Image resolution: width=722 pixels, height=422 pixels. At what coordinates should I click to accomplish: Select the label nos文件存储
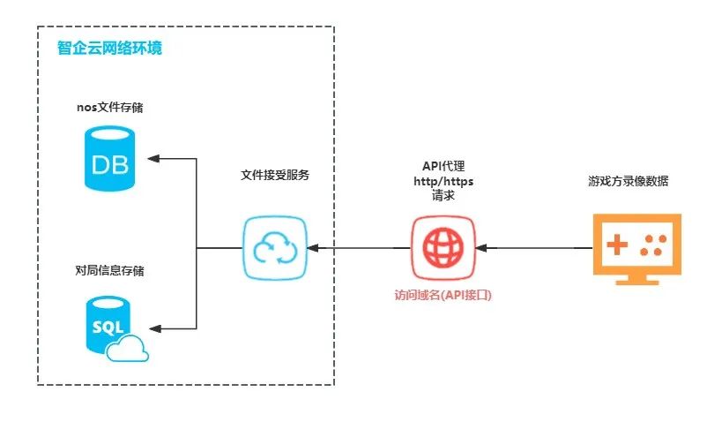point(110,108)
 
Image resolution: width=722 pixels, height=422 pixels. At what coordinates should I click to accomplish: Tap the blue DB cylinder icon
point(109,159)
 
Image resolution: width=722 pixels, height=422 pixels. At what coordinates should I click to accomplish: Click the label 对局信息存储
point(110,271)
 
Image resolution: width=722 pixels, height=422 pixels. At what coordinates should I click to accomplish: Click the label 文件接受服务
point(275,175)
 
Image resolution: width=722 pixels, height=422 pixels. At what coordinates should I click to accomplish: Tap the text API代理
point(443,167)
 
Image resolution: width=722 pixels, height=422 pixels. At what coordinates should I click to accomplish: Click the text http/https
point(443,182)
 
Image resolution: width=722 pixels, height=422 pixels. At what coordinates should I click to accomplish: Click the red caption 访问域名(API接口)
point(443,296)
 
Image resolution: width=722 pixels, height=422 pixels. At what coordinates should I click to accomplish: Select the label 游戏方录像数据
point(629,181)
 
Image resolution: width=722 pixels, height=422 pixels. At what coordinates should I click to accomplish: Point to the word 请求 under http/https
point(443,196)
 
